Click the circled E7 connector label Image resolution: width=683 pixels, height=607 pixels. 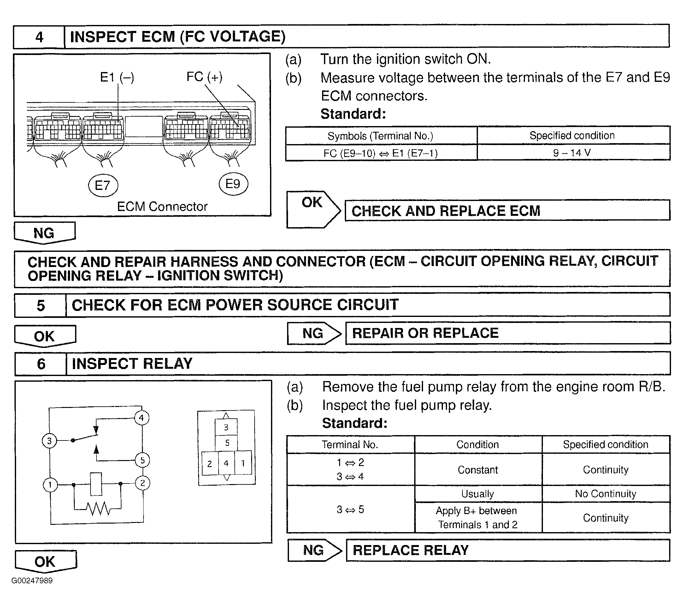(x=103, y=185)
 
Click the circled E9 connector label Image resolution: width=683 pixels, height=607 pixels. (x=233, y=184)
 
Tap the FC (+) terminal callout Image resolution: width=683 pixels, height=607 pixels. (x=204, y=77)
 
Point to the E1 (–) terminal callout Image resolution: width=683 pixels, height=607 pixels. (x=117, y=77)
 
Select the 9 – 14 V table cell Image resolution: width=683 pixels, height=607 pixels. (x=573, y=153)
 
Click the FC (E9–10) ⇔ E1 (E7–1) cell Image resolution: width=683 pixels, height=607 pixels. (x=380, y=153)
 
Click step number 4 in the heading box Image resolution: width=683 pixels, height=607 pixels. (x=39, y=37)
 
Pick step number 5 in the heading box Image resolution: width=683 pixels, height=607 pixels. (x=41, y=306)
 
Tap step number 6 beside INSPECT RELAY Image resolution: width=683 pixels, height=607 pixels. (x=41, y=364)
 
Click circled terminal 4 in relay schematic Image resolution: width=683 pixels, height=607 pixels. (x=142, y=418)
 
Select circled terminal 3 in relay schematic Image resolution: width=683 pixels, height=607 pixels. (x=50, y=441)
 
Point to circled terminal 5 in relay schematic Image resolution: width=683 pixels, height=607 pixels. (x=142, y=460)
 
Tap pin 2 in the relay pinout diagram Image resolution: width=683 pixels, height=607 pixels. (x=209, y=464)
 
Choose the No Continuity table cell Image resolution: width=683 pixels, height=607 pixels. (x=605, y=494)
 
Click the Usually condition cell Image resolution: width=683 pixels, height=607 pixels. (x=478, y=494)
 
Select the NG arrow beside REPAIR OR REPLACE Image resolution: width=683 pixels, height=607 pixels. (x=314, y=333)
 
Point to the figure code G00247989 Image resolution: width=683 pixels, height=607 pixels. (x=32, y=580)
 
